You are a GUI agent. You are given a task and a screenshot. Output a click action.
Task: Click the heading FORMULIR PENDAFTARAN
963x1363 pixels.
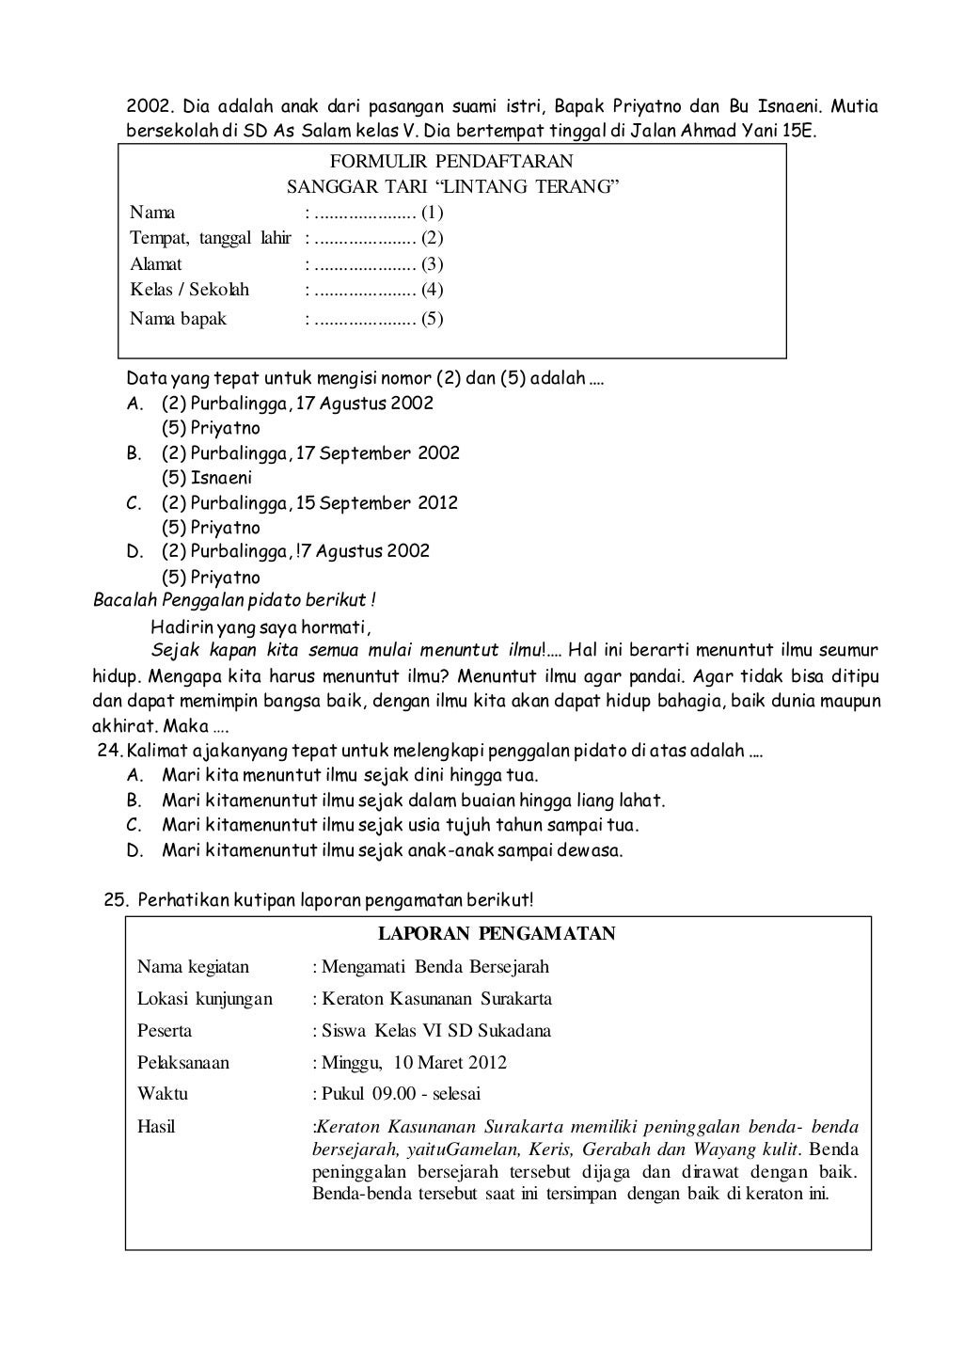click(451, 162)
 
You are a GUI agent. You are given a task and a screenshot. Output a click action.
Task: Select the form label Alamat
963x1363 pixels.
click(156, 264)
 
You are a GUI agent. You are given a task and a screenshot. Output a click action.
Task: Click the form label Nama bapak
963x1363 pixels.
click(178, 319)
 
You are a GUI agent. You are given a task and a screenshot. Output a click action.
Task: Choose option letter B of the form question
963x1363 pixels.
click(134, 453)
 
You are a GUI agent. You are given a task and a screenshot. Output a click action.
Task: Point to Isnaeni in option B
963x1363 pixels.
click(221, 478)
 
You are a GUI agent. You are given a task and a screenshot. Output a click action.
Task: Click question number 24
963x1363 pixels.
click(111, 753)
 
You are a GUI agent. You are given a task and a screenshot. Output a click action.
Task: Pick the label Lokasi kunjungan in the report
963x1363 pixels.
click(205, 999)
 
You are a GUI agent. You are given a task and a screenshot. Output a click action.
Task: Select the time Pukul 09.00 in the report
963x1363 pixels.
click(361, 1094)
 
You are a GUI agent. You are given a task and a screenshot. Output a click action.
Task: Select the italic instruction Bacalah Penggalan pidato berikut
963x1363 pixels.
click(235, 600)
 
